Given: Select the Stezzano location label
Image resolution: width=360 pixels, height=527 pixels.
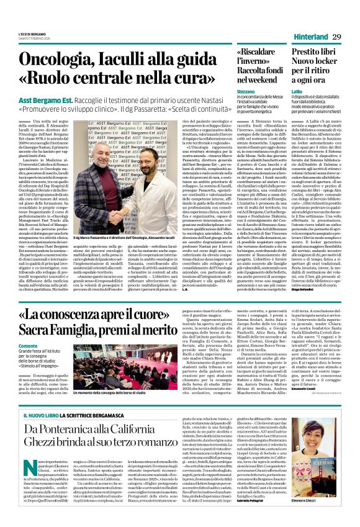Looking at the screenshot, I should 246,91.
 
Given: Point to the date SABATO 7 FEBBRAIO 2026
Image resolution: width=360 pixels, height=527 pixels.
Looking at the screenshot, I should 34,40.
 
